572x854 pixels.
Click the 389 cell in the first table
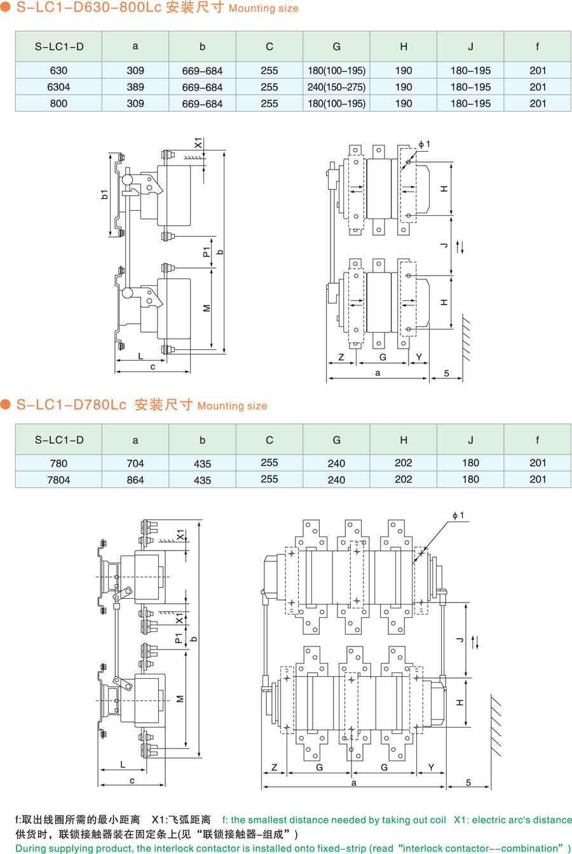pyautogui.click(x=135, y=87)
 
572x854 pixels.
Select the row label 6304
pyautogui.click(x=58, y=87)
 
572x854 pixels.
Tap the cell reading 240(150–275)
pyautogui.click(x=336, y=87)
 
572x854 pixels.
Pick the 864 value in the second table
pyautogui.click(x=135, y=480)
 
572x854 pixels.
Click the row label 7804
pyautogui.click(x=58, y=480)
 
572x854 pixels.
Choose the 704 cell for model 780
pyautogui.click(x=135, y=464)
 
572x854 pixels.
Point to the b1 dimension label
pyautogui.click(x=105, y=194)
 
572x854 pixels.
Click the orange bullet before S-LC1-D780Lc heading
pyautogui.click(x=6, y=404)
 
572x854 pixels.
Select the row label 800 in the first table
pyautogui.click(x=58, y=103)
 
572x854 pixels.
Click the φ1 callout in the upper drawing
pyautogui.click(x=424, y=145)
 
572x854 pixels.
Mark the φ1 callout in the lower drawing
pyautogui.click(x=458, y=516)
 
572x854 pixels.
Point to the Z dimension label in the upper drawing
pyautogui.click(x=341, y=357)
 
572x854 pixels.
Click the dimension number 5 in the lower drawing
pyautogui.click(x=468, y=782)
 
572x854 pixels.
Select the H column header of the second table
pyautogui.click(x=404, y=439)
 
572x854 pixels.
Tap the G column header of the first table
pyautogui.click(x=336, y=46)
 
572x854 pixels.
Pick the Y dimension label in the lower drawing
pyautogui.click(x=431, y=768)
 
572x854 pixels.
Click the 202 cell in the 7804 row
pyautogui.click(x=404, y=479)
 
